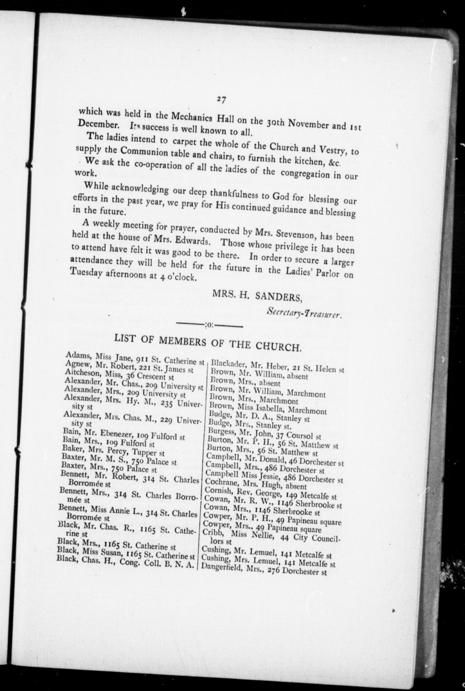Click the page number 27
[x=221, y=100]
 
